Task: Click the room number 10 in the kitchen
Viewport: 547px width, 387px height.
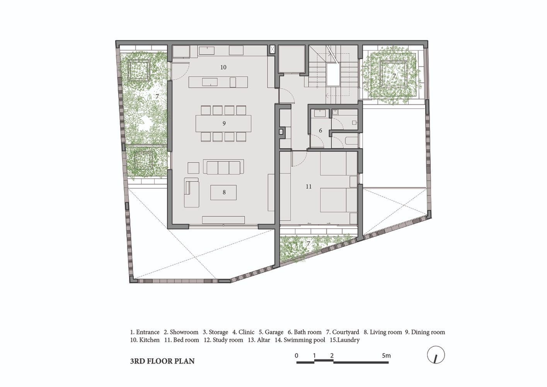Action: [223, 67]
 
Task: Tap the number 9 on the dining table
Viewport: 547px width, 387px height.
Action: [224, 123]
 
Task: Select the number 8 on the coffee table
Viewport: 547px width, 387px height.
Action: [224, 192]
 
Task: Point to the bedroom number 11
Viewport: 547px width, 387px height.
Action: [308, 187]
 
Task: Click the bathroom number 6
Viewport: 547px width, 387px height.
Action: [320, 130]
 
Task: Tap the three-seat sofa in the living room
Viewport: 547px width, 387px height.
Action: [223, 167]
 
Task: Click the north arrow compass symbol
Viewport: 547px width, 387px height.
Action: [436, 355]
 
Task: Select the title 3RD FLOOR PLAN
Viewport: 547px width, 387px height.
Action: [162, 361]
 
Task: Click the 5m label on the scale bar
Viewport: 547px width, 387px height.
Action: [386, 356]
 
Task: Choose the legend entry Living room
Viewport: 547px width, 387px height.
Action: [383, 332]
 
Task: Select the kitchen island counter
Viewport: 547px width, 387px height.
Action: [218, 82]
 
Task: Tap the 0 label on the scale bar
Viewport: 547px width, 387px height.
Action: [297, 356]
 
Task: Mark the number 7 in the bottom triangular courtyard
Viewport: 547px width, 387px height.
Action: [308, 243]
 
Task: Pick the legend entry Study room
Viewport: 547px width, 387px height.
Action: [223, 340]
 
